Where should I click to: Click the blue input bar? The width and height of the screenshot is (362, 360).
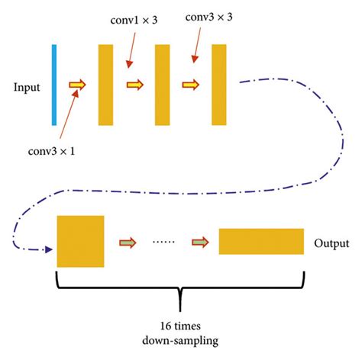[54, 84]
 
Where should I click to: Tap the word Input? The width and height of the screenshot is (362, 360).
[26, 87]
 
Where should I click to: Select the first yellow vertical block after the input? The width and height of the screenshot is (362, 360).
[105, 85]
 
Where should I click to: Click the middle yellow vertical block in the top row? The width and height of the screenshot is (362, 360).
[162, 85]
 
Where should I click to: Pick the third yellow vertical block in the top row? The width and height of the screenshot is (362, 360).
[219, 85]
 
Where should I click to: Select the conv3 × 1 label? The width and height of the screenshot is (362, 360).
[53, 151]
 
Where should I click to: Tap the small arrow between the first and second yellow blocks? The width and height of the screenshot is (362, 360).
[134, 85]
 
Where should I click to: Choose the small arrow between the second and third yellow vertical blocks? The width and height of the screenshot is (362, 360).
[191, 85]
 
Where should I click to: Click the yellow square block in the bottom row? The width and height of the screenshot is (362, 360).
[80, 241]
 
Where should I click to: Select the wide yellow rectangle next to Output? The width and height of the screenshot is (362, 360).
[260, 241]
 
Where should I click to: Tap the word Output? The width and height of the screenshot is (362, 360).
[331, 244]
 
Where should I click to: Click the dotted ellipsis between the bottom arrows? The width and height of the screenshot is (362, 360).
[163, 243]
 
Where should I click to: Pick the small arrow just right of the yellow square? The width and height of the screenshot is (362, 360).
[127, 243]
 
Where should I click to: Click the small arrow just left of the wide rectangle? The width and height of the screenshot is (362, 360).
[200, 243]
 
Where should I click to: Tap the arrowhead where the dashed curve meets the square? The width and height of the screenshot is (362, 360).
[48, 249]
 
